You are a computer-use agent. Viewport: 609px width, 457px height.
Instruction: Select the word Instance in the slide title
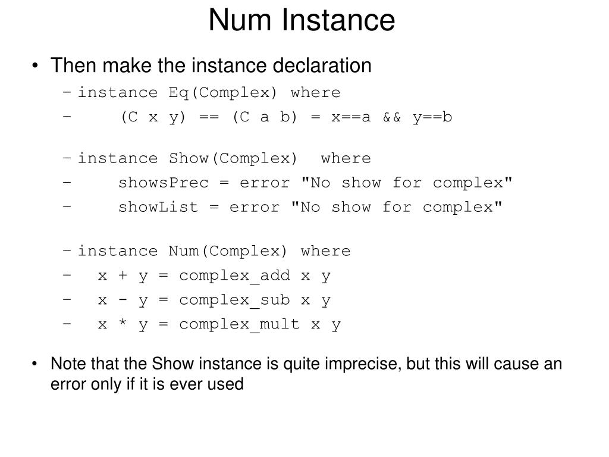point(338,20)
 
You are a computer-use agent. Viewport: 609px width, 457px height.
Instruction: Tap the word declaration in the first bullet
point(322,65)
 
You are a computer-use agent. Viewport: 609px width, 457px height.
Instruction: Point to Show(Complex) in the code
point(233,158)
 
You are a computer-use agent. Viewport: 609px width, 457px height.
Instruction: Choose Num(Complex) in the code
point(228,251)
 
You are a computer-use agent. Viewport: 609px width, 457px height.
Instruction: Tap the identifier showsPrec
point(164,183)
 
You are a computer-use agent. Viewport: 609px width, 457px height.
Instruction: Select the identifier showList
point(159,207)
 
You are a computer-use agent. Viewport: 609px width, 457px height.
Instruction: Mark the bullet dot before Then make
point(37,65)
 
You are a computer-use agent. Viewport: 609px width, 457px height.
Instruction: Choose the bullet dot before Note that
point(37,364)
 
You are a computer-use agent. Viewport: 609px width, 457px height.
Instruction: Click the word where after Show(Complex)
point(346,158)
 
